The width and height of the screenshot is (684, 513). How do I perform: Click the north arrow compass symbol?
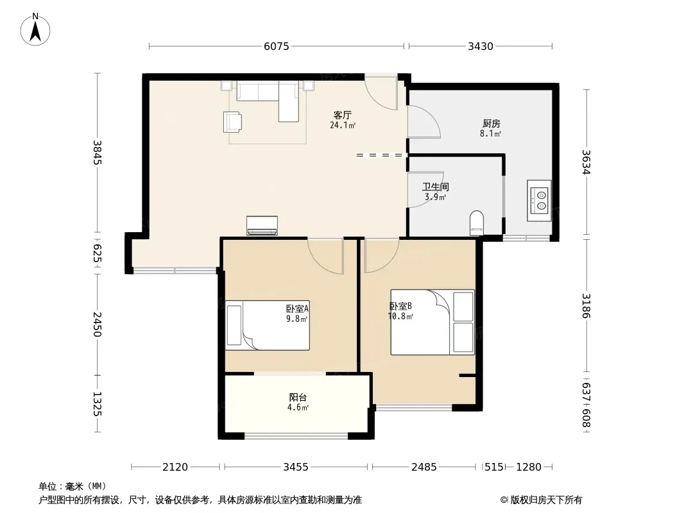coord(35,29)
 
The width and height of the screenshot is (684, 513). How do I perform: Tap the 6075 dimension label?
coord(276,46)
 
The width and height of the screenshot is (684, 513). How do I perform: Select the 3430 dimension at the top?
coord(481,46)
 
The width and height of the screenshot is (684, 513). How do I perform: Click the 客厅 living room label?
coord(343,115)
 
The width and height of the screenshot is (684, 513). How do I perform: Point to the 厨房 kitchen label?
coord(492,124)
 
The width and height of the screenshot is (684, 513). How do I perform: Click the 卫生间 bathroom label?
coord(435,187)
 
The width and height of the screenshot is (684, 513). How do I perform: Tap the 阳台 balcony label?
coord(298,398)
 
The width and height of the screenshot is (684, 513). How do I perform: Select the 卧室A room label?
coord(298,308)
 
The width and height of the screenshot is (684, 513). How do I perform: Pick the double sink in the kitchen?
coord(539,201)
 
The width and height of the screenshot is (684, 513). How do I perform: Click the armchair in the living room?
coord(232,122)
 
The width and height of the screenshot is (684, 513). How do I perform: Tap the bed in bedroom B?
coord(432,322)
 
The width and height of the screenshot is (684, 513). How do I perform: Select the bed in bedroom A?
coord(268,325)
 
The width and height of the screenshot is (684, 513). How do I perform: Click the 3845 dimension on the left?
coord(98,152)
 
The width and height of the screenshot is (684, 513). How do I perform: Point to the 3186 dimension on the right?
coord(586,306)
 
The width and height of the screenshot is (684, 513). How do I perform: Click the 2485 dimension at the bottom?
coord(423,467)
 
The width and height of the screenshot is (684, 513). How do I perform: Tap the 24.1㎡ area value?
coord(343,126)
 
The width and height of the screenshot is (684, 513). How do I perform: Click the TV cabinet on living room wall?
coord(262,225)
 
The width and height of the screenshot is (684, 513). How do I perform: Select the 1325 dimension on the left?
coord(98,404)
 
